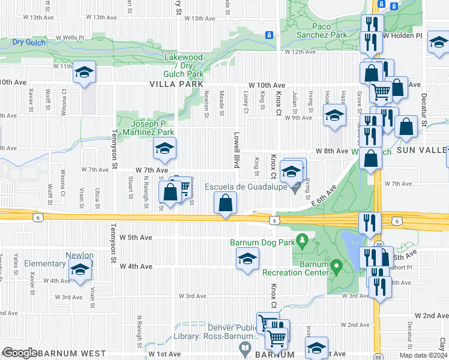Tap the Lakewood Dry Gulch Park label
point(184,65)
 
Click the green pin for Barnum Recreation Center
point(336,265)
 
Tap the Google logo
point(19,352)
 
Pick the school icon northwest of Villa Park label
point(85,73)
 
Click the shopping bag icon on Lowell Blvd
point(225,202)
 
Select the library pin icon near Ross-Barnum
point(245,347)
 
